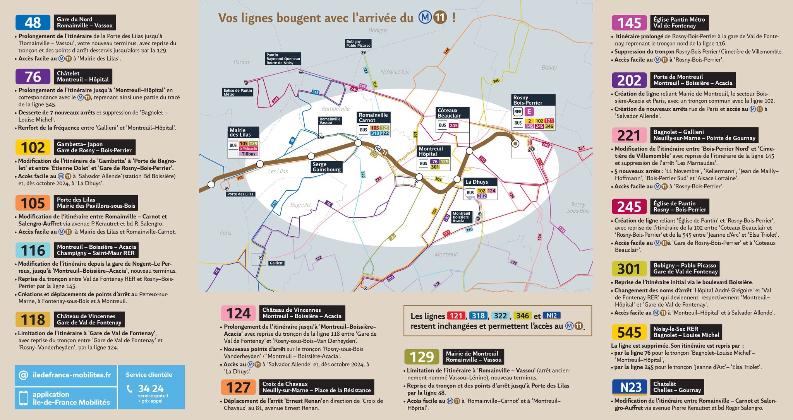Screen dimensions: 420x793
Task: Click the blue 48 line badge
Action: pos(33,22)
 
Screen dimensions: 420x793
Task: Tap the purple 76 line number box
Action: pos(33,77)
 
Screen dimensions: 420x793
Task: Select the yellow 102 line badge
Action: pos(33,147)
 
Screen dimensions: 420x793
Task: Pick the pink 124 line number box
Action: pos(238,313)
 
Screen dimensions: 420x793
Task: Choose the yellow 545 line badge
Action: pos(629,332)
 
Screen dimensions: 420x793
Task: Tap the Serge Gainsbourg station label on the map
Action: pos(326,167)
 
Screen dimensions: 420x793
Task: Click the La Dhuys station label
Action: pos(476,182)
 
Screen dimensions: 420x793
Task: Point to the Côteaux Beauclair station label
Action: pos(452,113)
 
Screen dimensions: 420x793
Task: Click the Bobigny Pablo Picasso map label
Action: pos(358,43)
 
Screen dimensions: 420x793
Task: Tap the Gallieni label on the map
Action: pos(276,263)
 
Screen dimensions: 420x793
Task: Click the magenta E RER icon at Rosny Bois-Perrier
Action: pos(529,112)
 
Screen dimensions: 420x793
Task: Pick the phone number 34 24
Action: pos(151,388)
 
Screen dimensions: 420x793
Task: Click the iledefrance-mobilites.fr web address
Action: pos(72,375)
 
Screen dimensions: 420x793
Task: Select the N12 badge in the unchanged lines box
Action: pos(551,316)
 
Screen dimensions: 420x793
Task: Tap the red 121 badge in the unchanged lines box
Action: pos(456,316)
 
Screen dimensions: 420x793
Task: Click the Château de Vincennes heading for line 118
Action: pos(86,316)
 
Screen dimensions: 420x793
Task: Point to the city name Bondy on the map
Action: pos(549,67)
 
